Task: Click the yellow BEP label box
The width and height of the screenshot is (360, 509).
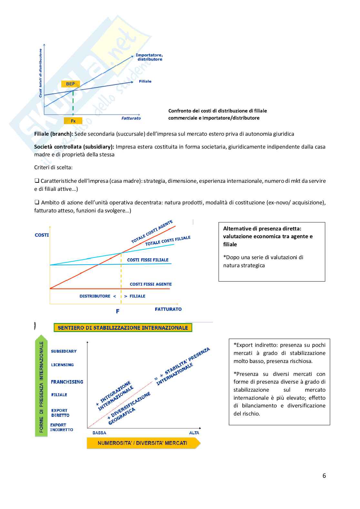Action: click(70, 84)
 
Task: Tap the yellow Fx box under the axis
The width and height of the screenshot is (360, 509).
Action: click(73, 121)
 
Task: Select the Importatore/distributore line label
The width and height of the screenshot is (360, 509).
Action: click(149, 57)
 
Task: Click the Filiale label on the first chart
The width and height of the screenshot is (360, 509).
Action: click(145, 81)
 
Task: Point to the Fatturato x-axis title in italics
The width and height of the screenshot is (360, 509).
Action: click(131, 118)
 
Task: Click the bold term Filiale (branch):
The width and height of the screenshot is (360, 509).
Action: click(54, 134)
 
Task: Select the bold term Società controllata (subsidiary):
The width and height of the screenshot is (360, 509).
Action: click(74, 147)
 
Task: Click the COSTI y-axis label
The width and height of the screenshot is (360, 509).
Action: click(42, 235)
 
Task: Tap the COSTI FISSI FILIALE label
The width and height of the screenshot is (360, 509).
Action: click(148, 260)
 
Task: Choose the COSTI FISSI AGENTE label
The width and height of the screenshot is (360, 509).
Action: click(151, 284)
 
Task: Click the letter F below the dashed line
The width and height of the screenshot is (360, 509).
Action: click(118, 311)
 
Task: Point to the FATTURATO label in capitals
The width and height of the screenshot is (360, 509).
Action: click(168, 309)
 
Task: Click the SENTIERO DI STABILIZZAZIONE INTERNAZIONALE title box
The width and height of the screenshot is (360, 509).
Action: click(123, 328)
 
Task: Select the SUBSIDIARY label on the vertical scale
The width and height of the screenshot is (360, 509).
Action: click(64, 351)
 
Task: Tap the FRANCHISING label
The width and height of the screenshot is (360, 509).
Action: click(67, 382)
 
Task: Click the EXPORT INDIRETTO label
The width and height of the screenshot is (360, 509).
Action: click(62, 427)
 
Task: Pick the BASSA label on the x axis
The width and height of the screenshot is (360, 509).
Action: click(99, 433)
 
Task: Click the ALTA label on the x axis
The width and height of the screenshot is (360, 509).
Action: click(194, 433)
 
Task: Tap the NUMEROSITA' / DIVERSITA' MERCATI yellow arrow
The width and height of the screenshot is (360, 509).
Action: click(143, 443)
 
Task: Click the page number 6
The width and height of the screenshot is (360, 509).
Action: click(324, 475)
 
